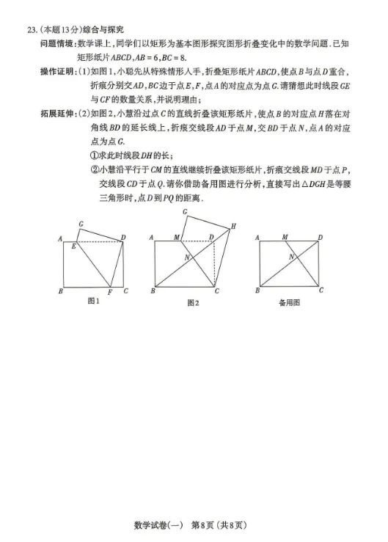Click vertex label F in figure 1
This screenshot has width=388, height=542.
pos(109,293)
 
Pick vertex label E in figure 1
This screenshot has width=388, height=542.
pos(73,247)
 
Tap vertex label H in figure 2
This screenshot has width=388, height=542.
pos(233,226)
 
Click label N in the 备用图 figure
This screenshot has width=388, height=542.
pos(291,257)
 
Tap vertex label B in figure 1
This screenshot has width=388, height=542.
pos(60,291)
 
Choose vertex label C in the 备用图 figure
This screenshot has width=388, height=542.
pos(321,290)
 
